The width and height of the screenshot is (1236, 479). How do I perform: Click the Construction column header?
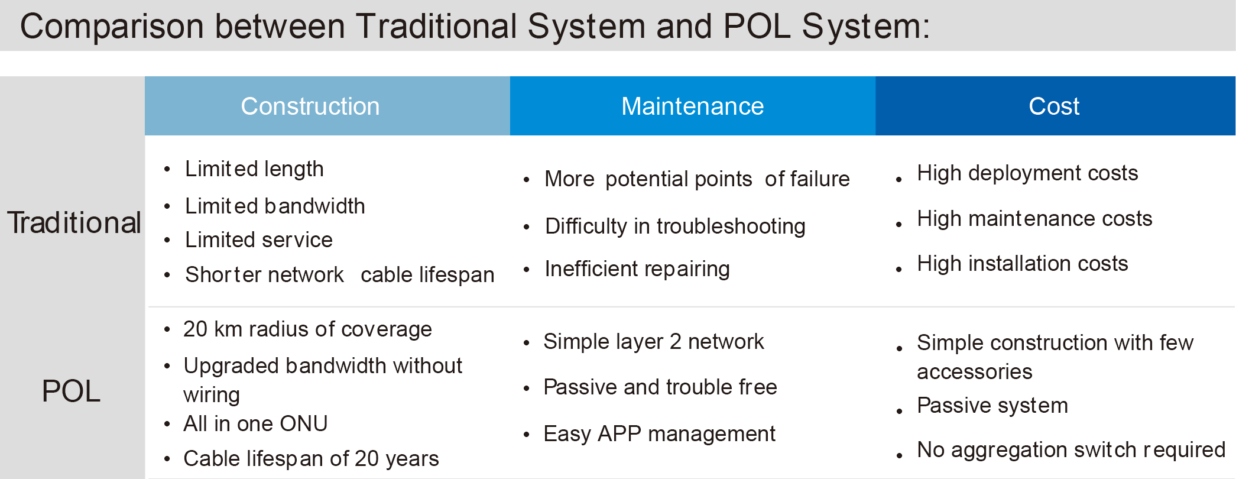click(310, 106)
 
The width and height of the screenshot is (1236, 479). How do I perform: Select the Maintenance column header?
click(692, 106)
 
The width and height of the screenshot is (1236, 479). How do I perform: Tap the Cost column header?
click(1054, 106)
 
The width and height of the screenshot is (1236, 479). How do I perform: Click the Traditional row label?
click(74, 223)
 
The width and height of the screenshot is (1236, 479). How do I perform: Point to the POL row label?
click(71, 391)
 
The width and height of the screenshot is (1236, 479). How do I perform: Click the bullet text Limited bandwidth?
click(275, 206)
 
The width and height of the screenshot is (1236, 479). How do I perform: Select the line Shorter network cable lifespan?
click(340, 275)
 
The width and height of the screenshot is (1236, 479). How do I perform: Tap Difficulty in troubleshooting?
click(675, 226)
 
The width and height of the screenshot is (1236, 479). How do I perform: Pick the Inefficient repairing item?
click(637, 269)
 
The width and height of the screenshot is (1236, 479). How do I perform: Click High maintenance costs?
click(1034, 219)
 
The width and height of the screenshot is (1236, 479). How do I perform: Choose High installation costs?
click(1023, 264)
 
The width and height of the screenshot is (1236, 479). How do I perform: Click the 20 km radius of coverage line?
click(307, 329)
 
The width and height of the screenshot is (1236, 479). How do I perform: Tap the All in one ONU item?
click(255, 424)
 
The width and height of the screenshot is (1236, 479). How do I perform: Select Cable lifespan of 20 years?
click(311, 459)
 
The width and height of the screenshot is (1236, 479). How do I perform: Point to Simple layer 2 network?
click(654, 342)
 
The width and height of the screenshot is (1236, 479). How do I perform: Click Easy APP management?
click(659, 434)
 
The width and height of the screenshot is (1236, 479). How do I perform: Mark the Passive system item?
click(992, 406)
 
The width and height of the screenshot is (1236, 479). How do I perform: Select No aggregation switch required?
click(1071, 450)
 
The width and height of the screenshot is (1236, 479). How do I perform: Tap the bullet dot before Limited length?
click(167, 170)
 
